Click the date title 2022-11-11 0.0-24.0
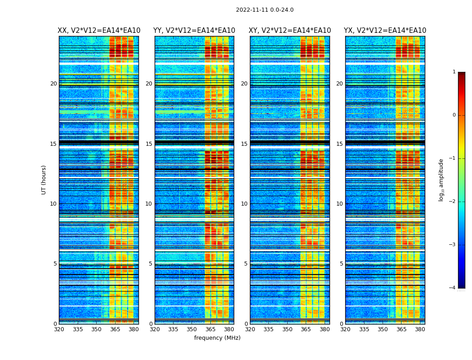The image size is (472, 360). click(x=264, y=10)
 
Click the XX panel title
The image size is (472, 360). click(x=99, y=31)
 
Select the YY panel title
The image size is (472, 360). click(x=194, y=31)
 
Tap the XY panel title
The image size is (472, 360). click(x=290, y=31)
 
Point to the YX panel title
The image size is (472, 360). click(x=385, y=31)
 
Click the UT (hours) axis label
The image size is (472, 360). click(x=44, y=180)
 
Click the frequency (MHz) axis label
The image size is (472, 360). click(x=217, y=338)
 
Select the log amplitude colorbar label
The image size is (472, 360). click(x=441, y=180)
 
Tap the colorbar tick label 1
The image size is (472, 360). click(x=454, y=72)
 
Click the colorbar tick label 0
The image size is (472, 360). click(x=454, y=115)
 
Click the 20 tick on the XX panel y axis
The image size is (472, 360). click(x=53, y=84)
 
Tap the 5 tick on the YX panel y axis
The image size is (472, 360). click(x=341, y=264)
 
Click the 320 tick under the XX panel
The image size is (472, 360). click(x=59, y=329)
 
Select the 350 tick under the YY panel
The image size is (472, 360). click(x=192, y=329)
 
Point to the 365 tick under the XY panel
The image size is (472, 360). click(x=306, y=329)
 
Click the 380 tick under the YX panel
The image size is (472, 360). click(x=420, y=329)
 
